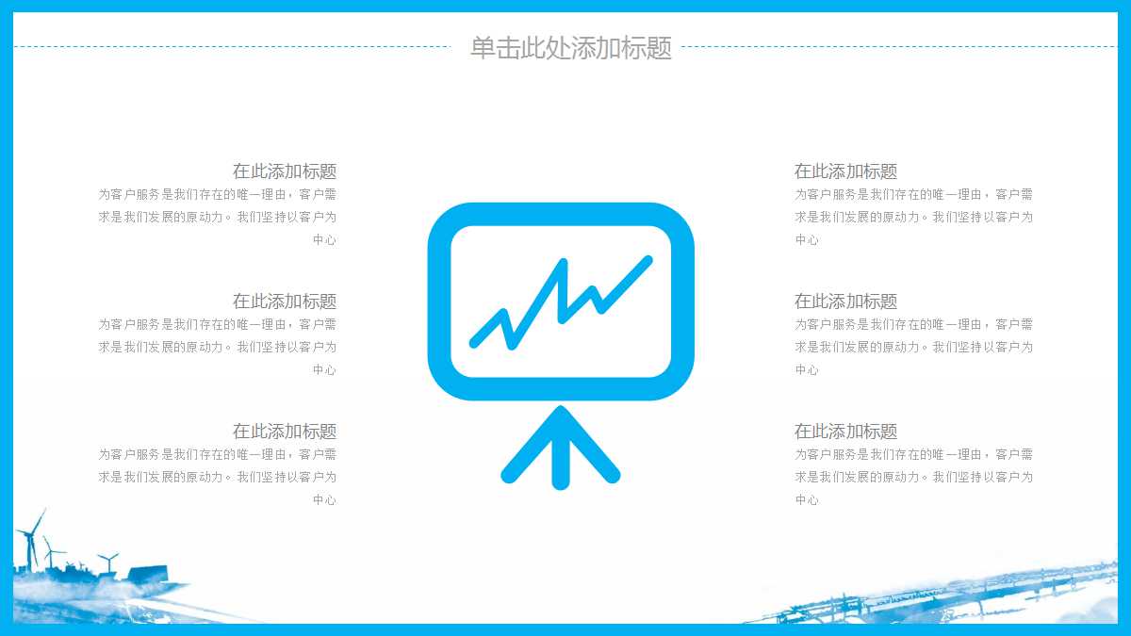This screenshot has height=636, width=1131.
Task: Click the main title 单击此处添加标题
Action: (570, 48)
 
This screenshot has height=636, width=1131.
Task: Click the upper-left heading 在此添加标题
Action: (285, 171)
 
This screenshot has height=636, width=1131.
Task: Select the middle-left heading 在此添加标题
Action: (285, 302)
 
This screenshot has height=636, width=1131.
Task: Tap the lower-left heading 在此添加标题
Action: (285, 432)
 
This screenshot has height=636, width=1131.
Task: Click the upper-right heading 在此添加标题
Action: (845, 171)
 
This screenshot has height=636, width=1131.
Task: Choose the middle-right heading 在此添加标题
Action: (845, 302)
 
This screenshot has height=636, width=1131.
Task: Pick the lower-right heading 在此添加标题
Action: (845, 432)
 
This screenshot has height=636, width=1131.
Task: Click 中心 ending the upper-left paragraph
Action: (324, 240)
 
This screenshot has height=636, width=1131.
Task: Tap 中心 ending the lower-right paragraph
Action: (807, 500)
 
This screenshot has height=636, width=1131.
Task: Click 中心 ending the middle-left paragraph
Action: (324, 370)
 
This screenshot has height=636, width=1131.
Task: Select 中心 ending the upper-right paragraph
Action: (807, 240)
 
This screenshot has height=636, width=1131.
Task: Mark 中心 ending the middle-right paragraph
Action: (807, 370)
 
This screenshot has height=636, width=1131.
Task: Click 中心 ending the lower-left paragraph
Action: (324, 500)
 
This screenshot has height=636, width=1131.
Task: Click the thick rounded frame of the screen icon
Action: (439, 302)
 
